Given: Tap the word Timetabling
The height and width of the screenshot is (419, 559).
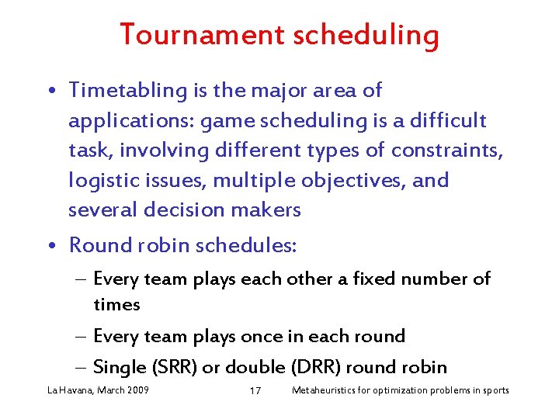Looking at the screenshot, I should [127, 91].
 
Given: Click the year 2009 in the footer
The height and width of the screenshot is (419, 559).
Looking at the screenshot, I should [137, 390].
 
